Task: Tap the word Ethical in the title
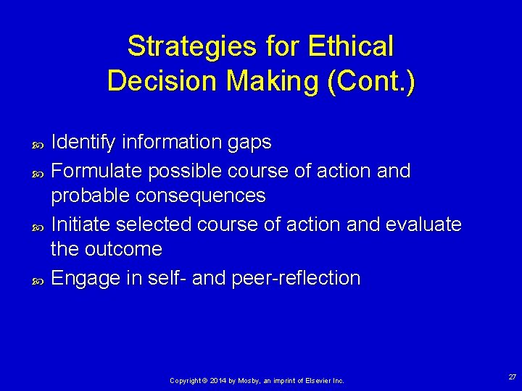click(350, 47)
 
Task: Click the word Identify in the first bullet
click(83, 143)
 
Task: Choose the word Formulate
click(98, 171)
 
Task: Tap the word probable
click(91, 195)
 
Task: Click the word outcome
click(123, 249)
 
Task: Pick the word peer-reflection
click(296, 278)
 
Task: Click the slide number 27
click(513, 377)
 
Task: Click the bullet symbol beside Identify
click(39, 144)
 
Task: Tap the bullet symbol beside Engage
click(39, 279)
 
